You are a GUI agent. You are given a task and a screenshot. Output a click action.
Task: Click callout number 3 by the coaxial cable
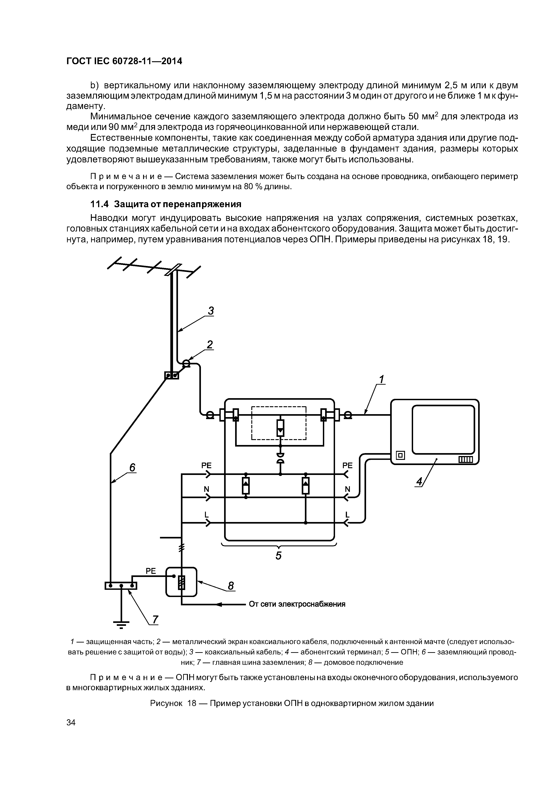tap(210, 311)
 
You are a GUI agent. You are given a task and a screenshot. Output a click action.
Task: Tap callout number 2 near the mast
tap(210, 344)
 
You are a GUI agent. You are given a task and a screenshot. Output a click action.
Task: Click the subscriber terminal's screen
tap(443, 429)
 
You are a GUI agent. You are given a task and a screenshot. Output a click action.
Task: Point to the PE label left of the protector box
tap(206, 465)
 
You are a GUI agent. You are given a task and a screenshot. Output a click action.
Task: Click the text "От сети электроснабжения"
tap(297, 604)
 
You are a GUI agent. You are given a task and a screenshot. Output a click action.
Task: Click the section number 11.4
tap(99, 204)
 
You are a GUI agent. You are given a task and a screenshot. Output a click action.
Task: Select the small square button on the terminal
tap(400, 456)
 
